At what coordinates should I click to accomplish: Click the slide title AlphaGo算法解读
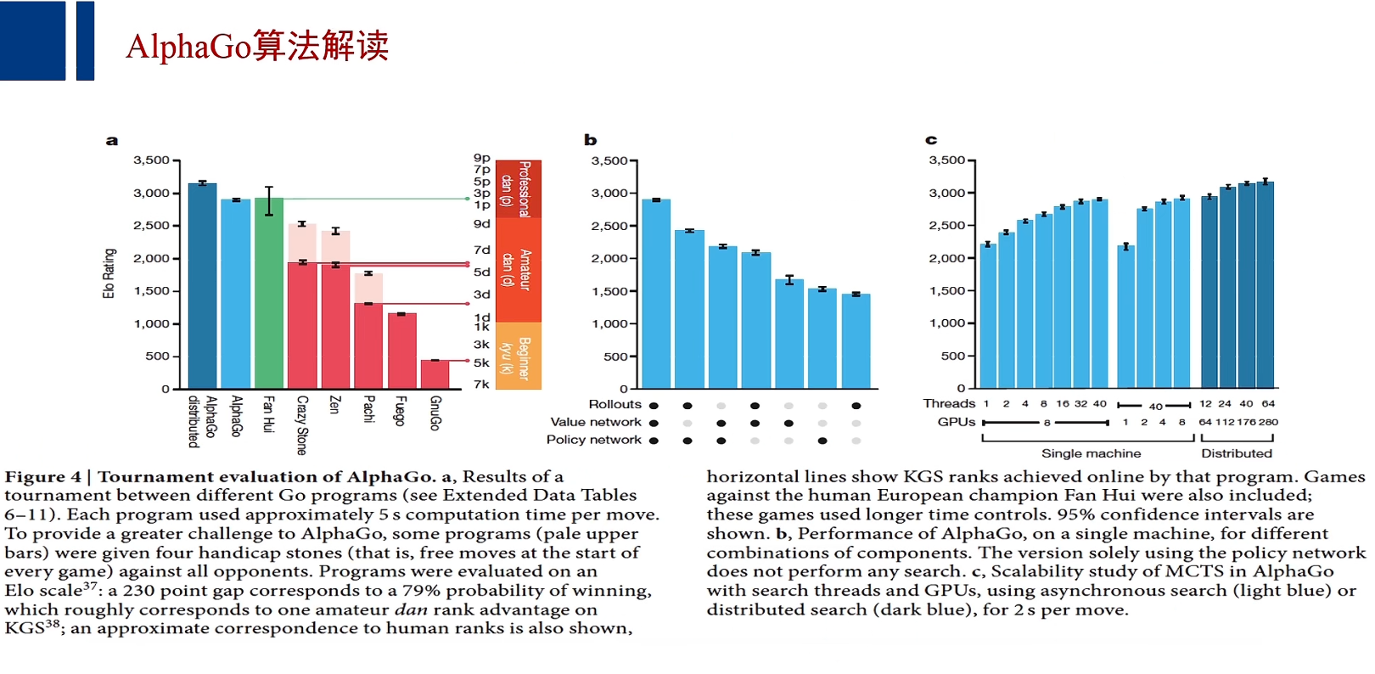[257, 46]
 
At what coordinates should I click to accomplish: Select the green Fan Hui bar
[269, 293]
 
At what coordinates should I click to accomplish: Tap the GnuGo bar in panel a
[435, 374]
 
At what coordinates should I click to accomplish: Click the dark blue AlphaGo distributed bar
[202, 286]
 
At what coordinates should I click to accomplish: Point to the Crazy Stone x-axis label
[302, 424]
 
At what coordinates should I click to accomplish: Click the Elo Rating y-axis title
[109, 273]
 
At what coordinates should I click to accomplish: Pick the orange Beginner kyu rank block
[519, 356]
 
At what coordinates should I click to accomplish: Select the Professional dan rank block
[519, 189]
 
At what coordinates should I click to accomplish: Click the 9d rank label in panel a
[481, 224]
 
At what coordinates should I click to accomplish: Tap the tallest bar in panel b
[656, 294]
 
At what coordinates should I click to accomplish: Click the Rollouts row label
[615, 405]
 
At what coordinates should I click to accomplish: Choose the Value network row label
[595, 422]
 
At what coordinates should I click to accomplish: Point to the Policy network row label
[593, 440]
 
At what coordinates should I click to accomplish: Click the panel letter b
[591, 140]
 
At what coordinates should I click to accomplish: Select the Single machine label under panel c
[1091, 453]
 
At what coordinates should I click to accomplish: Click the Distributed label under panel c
[1236, 453]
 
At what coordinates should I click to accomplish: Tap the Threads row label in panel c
[949, 404]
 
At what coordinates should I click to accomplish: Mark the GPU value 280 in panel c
[1268, 422]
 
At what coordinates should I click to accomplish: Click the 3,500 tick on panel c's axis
[946, 160]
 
